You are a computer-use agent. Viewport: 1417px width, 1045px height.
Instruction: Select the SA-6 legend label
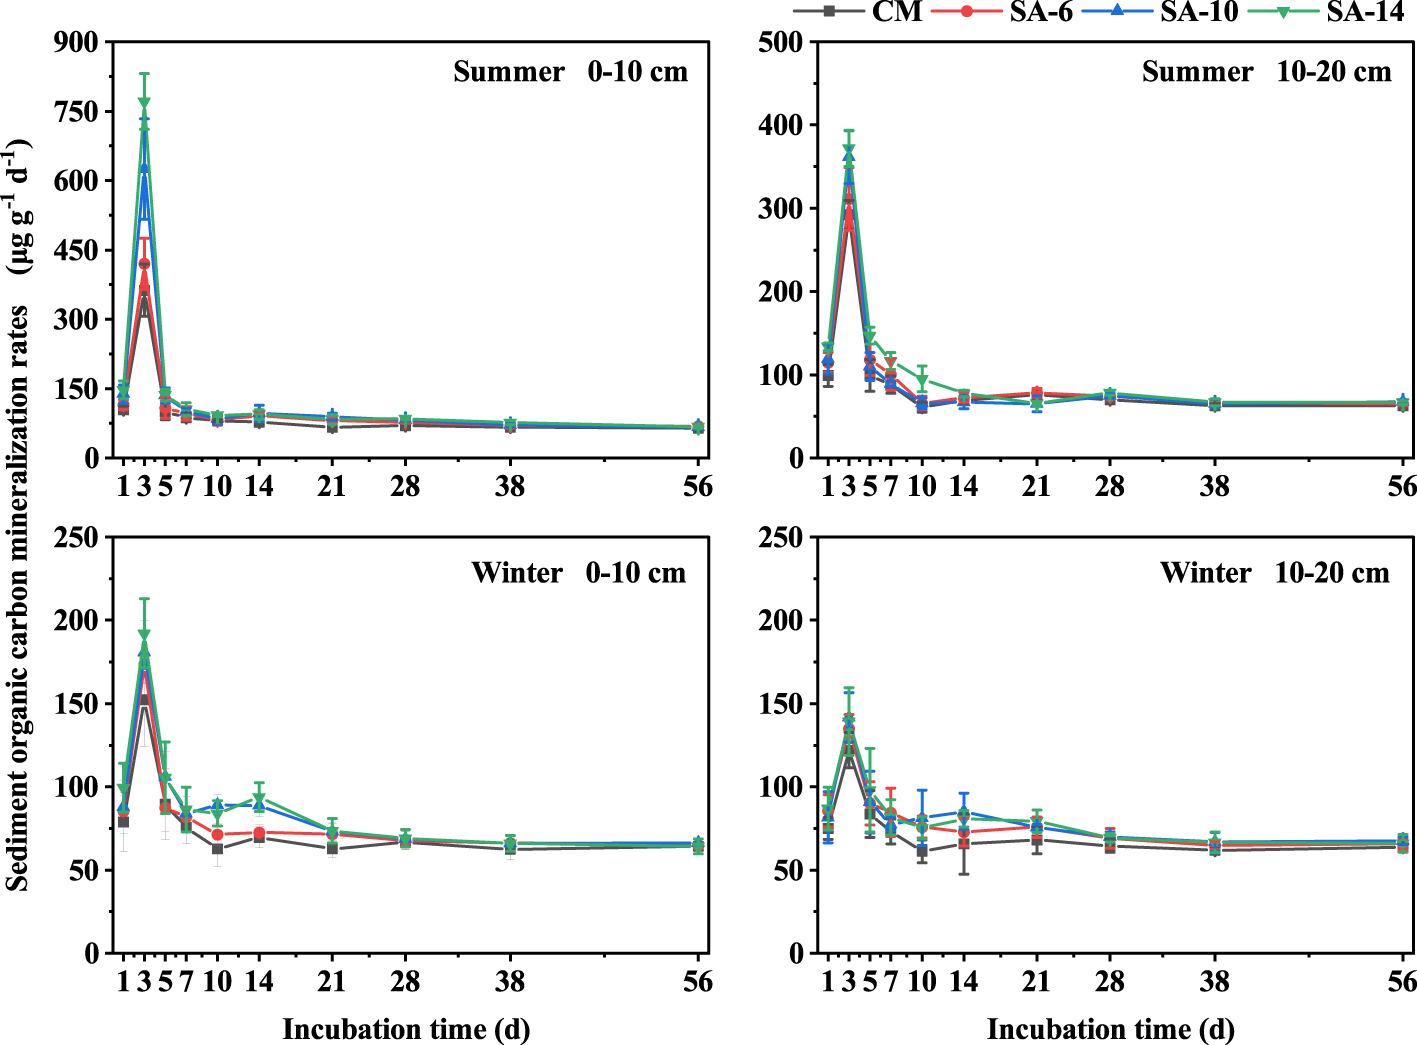pos(1041,11)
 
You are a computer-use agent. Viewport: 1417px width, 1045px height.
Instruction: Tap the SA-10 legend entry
pos(1199,11)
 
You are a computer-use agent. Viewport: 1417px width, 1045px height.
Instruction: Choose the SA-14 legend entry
pos(1365,11)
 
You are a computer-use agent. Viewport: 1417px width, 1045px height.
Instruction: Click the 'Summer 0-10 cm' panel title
pos(570,72)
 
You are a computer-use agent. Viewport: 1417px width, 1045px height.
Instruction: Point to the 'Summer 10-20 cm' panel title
pos(1266,72)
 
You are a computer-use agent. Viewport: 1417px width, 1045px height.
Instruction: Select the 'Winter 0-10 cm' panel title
pos(578,573)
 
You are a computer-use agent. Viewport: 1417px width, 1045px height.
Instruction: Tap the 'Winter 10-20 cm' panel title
pos(1275,573)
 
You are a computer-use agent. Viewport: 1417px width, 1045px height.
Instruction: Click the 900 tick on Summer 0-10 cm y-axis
pos(79,42)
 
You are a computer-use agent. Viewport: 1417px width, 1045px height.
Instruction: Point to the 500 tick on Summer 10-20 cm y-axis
pos(781,42)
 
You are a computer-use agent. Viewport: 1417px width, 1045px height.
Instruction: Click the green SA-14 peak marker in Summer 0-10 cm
pos(144,102)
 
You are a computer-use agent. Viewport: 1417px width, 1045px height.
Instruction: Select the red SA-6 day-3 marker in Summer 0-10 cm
pos(144,264)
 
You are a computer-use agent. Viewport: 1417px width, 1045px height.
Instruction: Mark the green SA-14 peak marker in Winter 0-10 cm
pos(144,634)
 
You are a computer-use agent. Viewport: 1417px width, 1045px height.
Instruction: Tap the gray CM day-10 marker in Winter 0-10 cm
pos(217,849)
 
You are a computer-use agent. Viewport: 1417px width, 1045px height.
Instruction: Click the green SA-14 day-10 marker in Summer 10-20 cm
pos(922,380)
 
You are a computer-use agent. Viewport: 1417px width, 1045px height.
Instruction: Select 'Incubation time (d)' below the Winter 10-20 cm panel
pos(1110,1029)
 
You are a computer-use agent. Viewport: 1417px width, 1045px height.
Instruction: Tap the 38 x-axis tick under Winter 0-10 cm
pos(510,982)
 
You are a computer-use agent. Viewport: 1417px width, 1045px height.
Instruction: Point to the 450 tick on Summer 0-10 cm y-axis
pos(79,250)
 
